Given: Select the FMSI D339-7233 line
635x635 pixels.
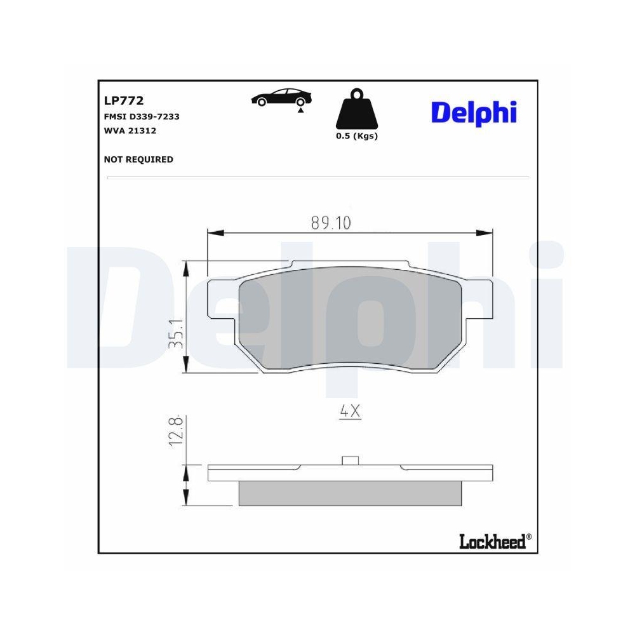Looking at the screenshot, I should pos(141,117).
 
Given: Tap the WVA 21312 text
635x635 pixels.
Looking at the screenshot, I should pos(130,131).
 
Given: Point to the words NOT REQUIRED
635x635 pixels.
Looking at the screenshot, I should pos(138,159).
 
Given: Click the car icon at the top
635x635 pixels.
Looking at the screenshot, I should pos(282,98).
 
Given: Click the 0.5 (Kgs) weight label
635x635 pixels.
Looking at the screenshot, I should pos(356,136).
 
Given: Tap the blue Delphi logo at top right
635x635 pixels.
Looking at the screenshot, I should pos(474,113).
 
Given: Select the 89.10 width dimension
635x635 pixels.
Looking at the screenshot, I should pos(331,223).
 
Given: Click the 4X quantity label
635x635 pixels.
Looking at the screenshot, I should pos(350,411).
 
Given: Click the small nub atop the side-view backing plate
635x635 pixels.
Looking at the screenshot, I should pos(350,460).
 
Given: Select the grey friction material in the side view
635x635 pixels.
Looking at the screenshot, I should pos(350,493).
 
